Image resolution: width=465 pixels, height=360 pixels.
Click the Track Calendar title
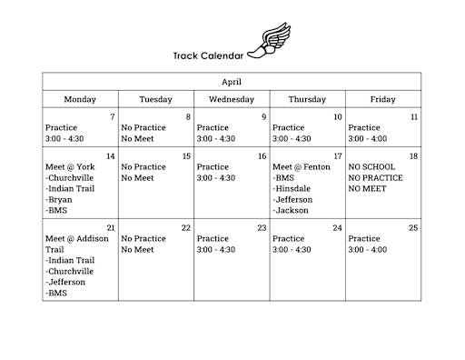pyautogui.click(x=208, y=55)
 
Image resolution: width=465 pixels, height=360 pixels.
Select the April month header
pyautogui.click(x=232, y=82)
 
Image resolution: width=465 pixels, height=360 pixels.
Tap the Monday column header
pyautogui.click(x=80, y=99)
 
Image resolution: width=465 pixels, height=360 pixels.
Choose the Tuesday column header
pyautogui.click(x=155, y=99)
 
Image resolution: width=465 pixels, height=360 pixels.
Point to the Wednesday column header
pyautogui.click(x=232, y=99)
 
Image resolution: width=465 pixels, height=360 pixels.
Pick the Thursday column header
pyautogui.click(x=307, y=99)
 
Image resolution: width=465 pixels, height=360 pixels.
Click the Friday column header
pyautogui.click(x=382, y=99)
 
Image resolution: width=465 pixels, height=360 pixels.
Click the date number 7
pyautogui.click(x=112, y=117)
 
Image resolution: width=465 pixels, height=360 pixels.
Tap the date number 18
pyautogui.click(x=413, y=156)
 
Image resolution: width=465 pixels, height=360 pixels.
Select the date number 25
pyautogui.click(x=413, y=227)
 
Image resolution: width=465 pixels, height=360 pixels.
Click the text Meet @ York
pyautogui.click(x=70, y=167)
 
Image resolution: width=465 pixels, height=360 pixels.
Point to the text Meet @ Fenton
pyautogui.click(x=302, y=167)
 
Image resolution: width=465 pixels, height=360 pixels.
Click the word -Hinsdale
pyautogui.click(x=293, y=188)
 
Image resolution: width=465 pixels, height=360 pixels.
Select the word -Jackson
pyautogui.click(x=292, y=210)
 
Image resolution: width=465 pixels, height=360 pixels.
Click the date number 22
pyautogui.click(x=185, y=227)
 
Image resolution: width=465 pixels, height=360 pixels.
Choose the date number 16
pyautogui.click(x=262, y=156)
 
